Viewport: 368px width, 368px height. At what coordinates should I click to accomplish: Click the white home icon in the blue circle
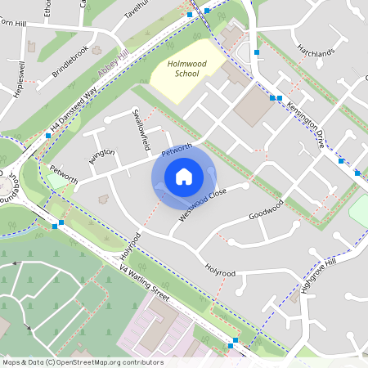tap(184, 176)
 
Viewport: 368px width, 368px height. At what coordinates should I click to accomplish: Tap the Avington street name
tap(102, 156)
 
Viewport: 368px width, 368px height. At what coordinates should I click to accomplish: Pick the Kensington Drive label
tap(307, 128)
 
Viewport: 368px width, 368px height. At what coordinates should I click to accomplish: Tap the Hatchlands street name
tap(316, 53)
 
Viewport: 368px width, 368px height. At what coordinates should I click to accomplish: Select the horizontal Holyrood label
tap(221, 272)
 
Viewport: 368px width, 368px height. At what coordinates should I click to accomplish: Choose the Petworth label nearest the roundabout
tap(63, 175)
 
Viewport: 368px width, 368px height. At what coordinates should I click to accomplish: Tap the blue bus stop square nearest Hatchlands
tap(256, 52)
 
